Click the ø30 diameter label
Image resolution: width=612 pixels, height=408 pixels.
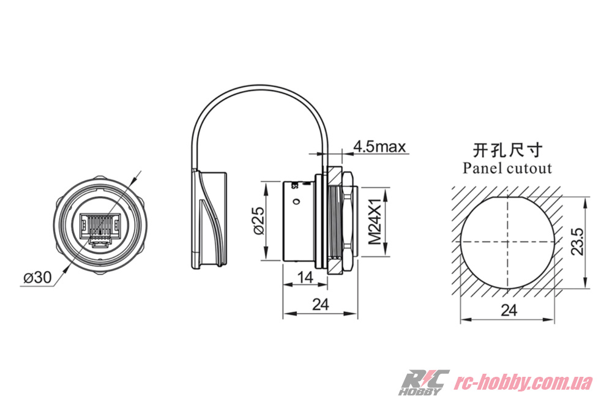tap(37, 277)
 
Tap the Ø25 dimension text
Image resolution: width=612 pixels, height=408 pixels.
tap(258, 220)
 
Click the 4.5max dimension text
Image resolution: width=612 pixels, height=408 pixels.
tap(379, 147)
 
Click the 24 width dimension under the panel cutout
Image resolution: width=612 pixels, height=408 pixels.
tap(508, 311)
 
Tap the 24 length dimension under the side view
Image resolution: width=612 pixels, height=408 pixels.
tap(320, 304)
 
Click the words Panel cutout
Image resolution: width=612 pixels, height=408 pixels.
tap(507, 168)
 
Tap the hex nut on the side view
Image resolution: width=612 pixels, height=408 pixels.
tap(341, 221)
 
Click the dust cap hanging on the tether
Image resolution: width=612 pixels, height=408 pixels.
tap(209, 220)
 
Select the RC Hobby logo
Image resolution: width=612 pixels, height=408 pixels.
tap(424, 382)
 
